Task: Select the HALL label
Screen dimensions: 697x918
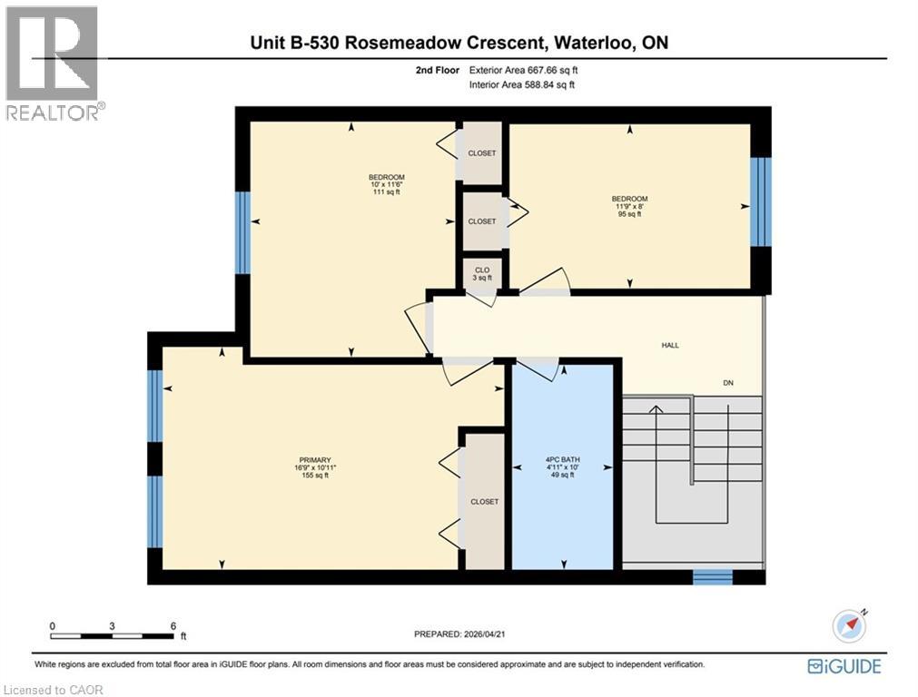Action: click(670, 345)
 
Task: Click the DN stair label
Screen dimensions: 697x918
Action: click(727, 383)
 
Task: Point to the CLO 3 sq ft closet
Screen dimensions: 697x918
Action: click(482, 273)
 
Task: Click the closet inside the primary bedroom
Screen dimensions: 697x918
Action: click(484, 501)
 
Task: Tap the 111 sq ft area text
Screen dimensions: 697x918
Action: click(386, 192)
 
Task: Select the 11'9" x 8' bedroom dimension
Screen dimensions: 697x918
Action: click(629, 206)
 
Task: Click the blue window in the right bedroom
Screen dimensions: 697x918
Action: click(760, 202)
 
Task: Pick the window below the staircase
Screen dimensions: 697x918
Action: click(712, 577)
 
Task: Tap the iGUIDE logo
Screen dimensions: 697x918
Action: click(844, 666)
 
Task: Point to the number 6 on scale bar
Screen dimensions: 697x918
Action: click(172, 626)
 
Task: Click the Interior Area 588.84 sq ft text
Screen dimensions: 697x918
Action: click(522, 84)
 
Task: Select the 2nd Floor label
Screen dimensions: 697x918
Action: click(434, 69)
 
